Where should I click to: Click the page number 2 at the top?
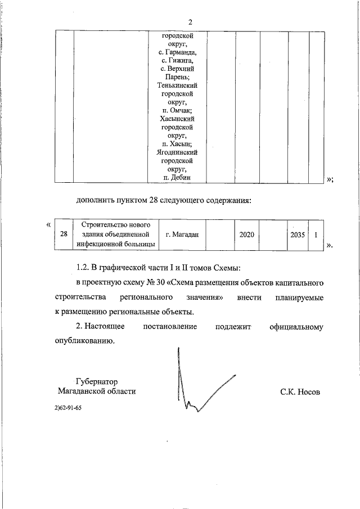(x=190, y=22)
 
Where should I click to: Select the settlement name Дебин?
(x=181, y=177)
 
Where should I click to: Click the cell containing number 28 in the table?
(x=64, y=234)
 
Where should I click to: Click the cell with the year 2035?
(x=297, y=234)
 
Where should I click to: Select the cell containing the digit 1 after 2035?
(x=317, y=234)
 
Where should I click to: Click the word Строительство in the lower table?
(x=104, y=224)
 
